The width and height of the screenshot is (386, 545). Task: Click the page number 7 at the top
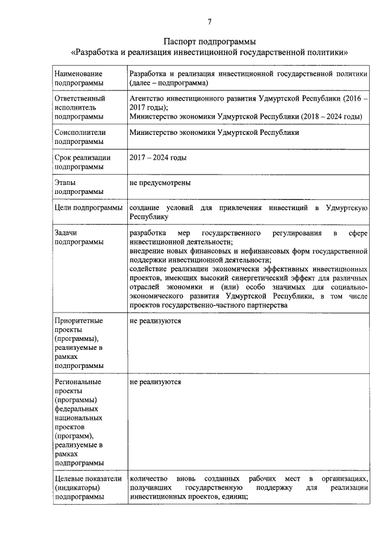pos(209,22)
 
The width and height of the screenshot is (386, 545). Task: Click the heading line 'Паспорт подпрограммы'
pos(209,42)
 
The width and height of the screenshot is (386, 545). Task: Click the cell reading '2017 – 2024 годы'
pos(158,158)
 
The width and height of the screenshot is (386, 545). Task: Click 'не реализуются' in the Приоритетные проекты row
pos(155,320)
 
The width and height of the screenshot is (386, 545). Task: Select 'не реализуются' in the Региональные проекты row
pos(155,382)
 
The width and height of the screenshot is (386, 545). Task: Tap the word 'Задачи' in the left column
pos(66,232)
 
